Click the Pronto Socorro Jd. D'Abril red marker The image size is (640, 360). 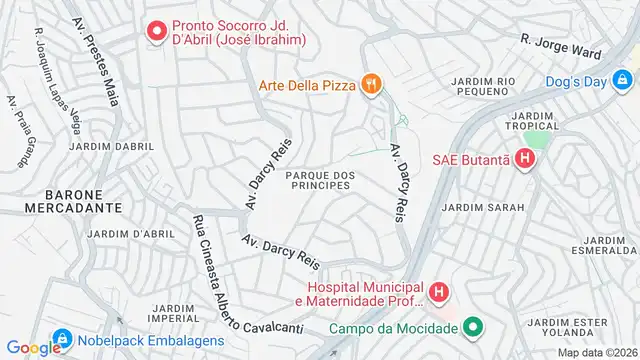tap(156, 32)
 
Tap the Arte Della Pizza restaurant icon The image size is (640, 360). tap(371, 85)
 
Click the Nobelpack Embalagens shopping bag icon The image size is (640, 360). tap(62, 340)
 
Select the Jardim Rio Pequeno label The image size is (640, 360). tap(483, 86)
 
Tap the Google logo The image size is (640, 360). tap(34, 347)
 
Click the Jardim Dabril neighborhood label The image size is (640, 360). tap(112, 147)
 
